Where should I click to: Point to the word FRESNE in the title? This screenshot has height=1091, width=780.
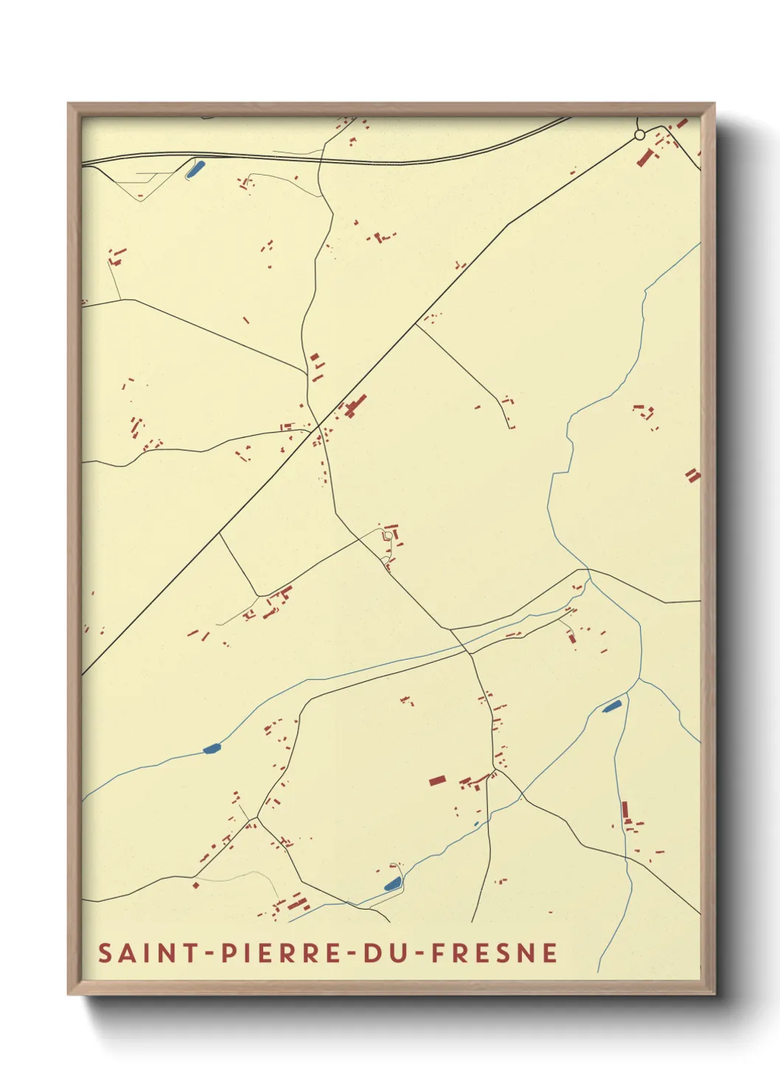point(494,952)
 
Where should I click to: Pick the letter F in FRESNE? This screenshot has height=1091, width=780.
point(438,952)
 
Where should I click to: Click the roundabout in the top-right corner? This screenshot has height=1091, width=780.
point(639,135)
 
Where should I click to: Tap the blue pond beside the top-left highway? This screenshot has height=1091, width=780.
point(195,168)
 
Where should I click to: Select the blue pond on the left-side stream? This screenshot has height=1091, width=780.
point(212,749)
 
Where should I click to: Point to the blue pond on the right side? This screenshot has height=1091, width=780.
point(612,706)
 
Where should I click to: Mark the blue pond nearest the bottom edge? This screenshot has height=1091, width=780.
point(392,883)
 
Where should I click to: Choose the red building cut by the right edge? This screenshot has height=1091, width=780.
point(692,475)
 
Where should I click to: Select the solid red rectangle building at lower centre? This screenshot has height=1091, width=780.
point(437,780)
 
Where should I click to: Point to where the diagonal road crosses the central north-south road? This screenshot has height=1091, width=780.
point(318,425)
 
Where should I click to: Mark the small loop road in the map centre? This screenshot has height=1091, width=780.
point(387,534)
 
